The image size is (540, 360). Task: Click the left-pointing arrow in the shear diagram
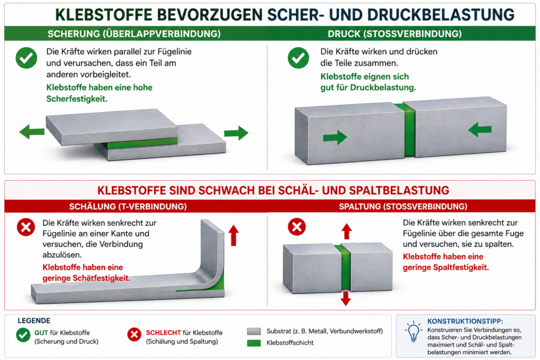[x=32, y=132]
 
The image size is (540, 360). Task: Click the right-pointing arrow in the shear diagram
[x=236, y=133]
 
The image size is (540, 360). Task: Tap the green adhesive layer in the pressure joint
[x=409, y=130]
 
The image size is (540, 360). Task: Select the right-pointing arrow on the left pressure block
[x=335, y=138]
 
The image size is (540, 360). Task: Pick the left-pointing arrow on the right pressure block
[x=480, y=130]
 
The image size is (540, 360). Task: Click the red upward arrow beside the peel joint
[x=234, y=235]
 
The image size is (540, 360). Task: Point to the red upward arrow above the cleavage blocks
[x=346, y=231]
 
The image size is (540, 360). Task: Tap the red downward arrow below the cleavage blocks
[x=346, y=298]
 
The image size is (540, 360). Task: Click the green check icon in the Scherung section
[x=26, y=58]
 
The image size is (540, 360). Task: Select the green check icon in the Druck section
[x=298, y=58]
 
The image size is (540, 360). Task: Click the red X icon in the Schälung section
[x=26, y=227]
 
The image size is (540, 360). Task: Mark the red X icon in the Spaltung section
[x=297, y=227]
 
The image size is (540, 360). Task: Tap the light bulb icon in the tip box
[x=413, y=331]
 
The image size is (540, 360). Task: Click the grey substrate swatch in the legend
[x=254, y=332]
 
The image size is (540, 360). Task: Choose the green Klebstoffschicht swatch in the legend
[x=254, y=343]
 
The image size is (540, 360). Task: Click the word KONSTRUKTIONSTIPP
[x=465, y=321]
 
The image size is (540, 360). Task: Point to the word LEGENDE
[x=34, y=321]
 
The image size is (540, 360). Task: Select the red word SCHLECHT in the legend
[x=163, y=333]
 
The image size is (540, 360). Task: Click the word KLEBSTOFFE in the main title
[x=104, y=15]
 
